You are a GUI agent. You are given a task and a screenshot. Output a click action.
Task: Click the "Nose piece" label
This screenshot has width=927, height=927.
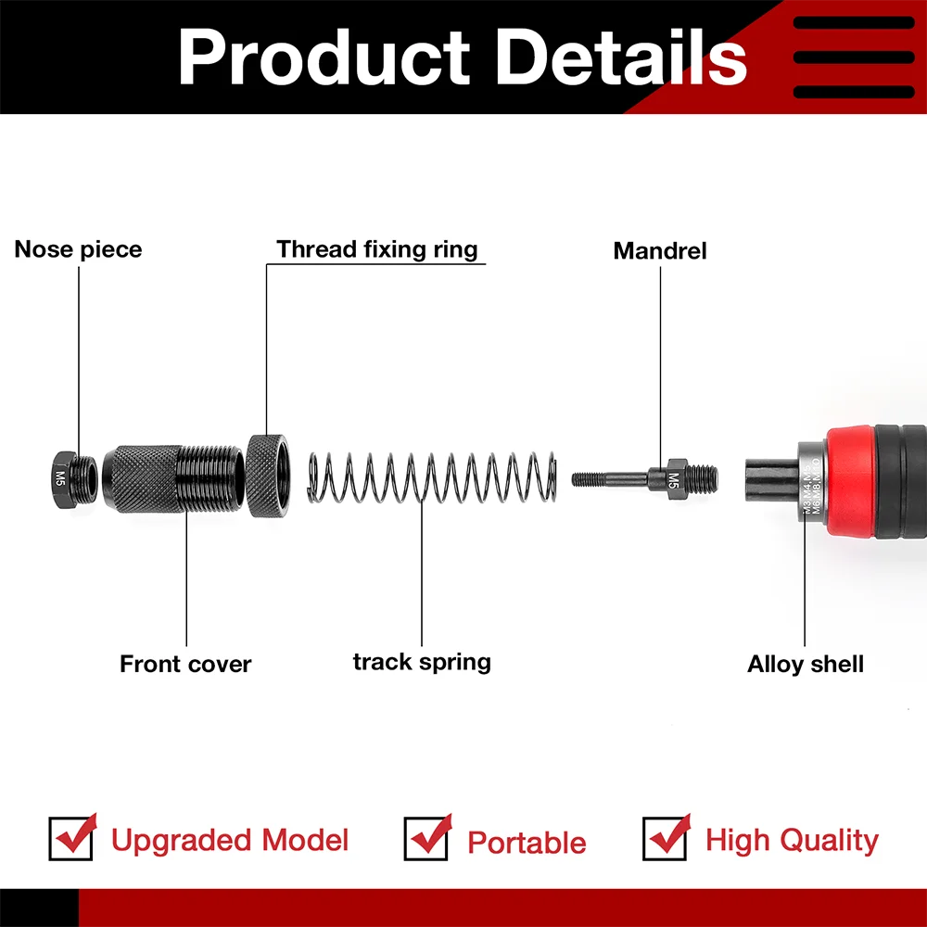(78, 249)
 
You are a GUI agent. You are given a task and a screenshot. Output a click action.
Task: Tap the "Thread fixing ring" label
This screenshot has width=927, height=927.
(376, 249)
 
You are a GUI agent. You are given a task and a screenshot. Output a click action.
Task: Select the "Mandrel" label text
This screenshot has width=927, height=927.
(660, 250)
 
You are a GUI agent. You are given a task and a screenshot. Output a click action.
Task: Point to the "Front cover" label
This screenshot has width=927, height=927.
(185, 664)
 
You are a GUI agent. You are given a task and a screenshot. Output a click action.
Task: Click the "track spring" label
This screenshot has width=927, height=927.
(422, 662)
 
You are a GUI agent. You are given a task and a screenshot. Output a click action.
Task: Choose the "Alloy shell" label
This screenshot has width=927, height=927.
(806, 664)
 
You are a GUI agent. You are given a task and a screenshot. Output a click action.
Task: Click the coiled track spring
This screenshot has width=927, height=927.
(431, 477)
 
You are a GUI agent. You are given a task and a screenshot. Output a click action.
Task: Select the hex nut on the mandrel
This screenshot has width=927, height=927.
(674, 477)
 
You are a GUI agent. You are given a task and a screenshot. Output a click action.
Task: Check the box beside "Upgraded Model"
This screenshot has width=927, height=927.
(71, 838)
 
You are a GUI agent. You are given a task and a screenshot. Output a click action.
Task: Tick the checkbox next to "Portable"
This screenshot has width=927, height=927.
(426, 838)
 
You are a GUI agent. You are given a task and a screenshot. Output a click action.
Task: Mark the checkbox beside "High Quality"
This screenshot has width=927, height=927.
(665, 838)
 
